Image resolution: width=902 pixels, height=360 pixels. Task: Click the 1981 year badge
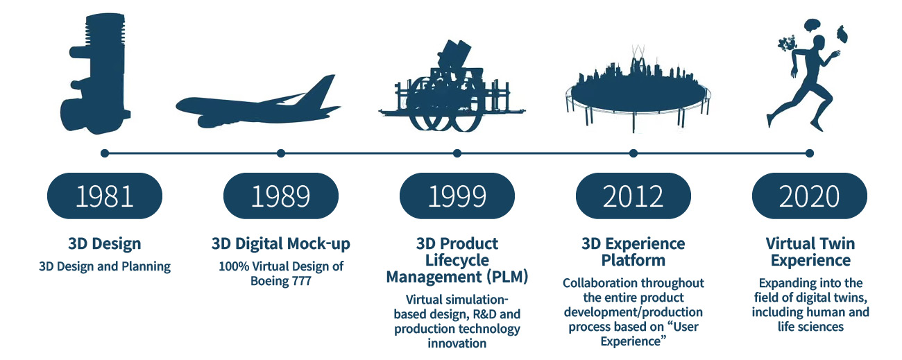click(105, 196)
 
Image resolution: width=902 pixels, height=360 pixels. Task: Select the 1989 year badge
click(281, 196)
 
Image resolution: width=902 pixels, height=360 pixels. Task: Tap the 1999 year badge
click(457, 196)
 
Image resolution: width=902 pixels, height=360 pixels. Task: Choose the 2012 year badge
click(633, 196)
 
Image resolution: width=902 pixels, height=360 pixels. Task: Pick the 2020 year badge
click(810, 196)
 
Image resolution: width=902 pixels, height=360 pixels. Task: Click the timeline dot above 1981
click(105, 153)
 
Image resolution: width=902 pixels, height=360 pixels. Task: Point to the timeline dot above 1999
click(457, 153)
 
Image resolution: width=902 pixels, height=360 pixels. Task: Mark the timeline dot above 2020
click(810, 153)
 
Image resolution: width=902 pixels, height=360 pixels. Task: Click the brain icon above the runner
click(812, 25)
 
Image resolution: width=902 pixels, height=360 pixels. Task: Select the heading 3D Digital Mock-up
click(281, 244)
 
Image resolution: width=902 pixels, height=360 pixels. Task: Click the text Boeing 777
click(281, 281)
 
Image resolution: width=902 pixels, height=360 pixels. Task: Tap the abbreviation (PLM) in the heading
click(507, 277)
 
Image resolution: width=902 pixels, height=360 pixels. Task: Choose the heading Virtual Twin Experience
click(810, 252)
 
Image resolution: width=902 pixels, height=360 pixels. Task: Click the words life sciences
click(810, 327)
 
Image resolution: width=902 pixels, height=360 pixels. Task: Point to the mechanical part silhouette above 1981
click(96, 74)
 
